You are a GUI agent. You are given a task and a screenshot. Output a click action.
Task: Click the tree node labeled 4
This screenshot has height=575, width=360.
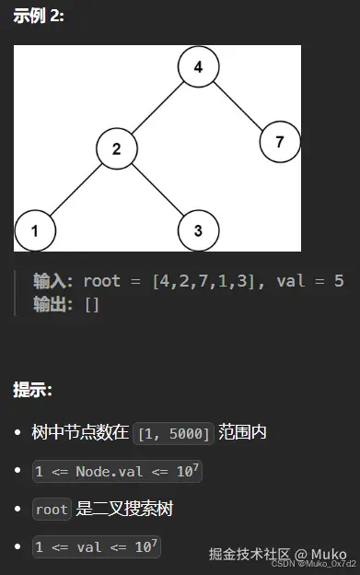pos(198,66)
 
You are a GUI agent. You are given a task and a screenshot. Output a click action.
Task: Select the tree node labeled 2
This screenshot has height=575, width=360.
pos(117,148)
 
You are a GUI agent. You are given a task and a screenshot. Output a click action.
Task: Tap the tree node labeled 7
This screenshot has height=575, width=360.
pos(280,141)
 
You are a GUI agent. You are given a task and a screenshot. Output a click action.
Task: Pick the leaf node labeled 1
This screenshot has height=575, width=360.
pos(34,231)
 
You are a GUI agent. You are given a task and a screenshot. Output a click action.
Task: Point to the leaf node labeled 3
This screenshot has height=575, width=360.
pos(198,231)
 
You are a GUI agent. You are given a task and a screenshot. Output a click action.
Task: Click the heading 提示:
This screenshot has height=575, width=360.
pos(32,389)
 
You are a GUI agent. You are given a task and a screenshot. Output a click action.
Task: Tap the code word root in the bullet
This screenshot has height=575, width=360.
pos(52,509)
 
